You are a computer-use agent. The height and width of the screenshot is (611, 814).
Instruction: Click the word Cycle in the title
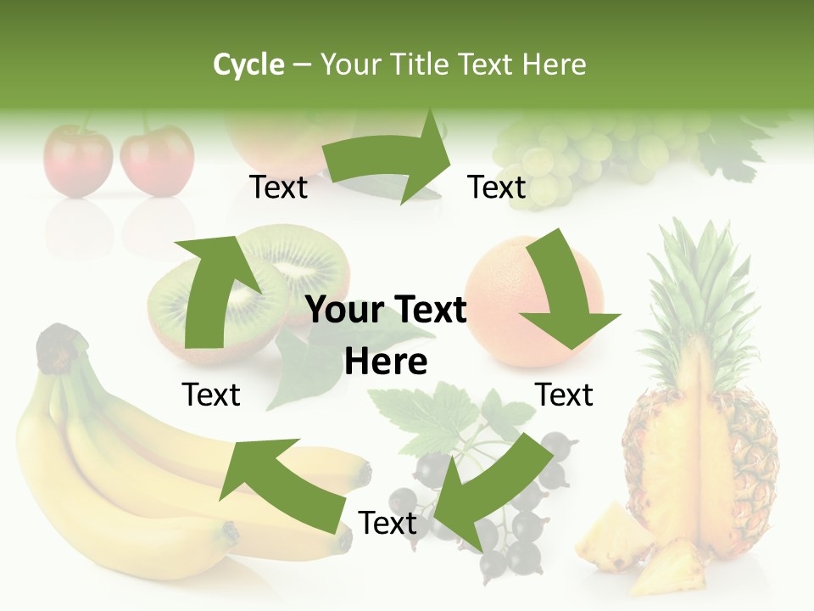(248, 64)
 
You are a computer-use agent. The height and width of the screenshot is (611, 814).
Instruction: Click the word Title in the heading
(418, 64)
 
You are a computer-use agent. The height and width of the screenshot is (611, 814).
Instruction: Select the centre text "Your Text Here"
(386, 335)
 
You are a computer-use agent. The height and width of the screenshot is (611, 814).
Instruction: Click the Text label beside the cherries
(279, 188)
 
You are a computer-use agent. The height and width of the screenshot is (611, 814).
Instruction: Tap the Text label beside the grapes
(497, 188)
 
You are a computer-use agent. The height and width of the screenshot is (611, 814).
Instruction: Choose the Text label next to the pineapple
(564, 395)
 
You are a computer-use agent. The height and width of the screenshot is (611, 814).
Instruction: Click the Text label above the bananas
(211, 395)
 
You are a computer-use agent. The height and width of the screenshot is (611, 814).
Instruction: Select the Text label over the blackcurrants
(387, 524)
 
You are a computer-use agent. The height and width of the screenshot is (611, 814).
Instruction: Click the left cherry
(78, 161)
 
